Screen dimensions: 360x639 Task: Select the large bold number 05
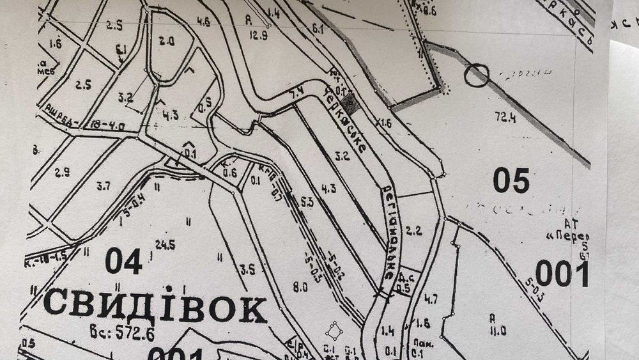click(511, 181)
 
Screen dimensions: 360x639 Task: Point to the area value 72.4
click(505, 117)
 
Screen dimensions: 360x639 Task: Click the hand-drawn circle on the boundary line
click(476, 75)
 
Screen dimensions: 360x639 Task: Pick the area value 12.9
click(258, 36)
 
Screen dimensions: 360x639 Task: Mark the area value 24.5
click(165, 244)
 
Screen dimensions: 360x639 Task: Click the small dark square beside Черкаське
click(347, 100)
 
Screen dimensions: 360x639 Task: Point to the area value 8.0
click(300, 287)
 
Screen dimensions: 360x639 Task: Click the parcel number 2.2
click(415, 231)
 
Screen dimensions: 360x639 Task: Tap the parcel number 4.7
click(431, 297)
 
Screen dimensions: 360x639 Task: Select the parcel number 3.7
click(103, 186)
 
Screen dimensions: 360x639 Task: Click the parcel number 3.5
click(248, 270)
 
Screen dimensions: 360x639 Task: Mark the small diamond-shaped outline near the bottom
click(333, 331)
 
